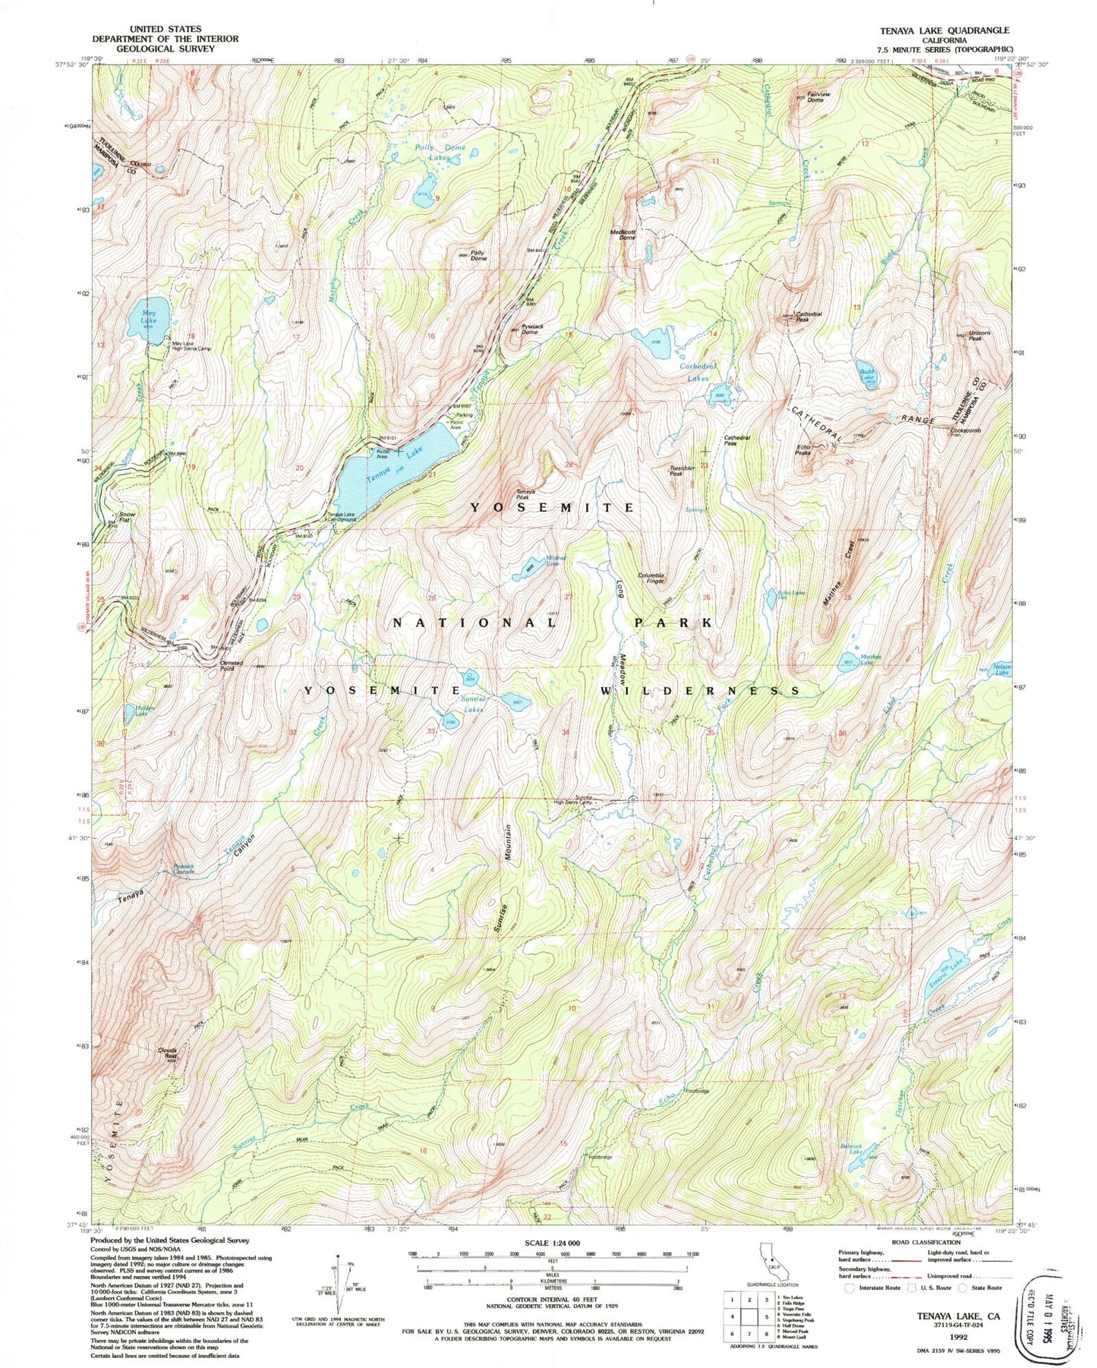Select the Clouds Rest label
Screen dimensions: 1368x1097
[x=167, y=1053]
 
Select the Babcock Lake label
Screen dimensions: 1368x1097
[x=855, y=1150]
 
